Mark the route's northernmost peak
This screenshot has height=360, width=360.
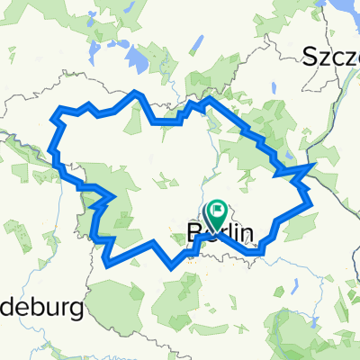pyautogui.click(x=136, y=92)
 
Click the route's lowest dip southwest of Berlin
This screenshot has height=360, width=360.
pyautogui.click(x=172, y=267)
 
